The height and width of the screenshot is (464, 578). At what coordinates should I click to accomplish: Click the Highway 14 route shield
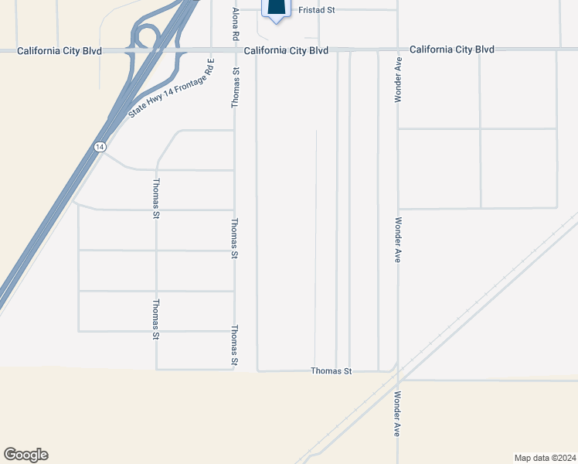coord(100,147)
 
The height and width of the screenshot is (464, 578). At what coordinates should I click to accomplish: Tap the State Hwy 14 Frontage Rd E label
coord(171,87)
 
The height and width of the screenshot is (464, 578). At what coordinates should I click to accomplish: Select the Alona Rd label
coord(236,26)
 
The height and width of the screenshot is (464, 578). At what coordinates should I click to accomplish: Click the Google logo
coord(25,455)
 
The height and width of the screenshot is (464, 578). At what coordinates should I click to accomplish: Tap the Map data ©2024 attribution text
coord(545,457)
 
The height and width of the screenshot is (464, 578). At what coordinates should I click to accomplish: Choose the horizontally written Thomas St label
coord(331,371)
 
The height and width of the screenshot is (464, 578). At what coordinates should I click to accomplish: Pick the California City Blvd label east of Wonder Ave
coord(452,49)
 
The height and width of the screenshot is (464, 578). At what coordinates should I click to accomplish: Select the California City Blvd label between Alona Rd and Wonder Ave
coord(287,50)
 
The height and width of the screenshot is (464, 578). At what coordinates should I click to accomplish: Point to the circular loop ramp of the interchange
coord(145,36)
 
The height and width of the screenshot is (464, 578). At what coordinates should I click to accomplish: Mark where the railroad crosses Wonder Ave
coord(398,374)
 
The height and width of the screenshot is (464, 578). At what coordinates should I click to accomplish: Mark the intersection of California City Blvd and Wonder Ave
coord(398,49)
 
